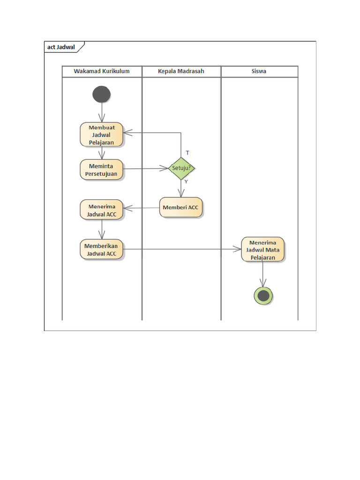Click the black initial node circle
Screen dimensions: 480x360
[x=102, y=94]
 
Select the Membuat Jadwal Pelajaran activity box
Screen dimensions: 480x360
[x=102, y=135]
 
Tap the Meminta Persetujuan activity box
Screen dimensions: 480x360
[x=102, y=169]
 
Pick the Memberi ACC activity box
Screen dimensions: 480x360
[x=181, y=207]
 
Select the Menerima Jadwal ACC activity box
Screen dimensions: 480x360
[x=102, y=210]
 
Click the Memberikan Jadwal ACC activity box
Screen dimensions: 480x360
[x=102, y=249]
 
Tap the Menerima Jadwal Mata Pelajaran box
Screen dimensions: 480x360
[x=263, y=249]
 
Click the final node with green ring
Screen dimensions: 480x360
[x=263, y=296]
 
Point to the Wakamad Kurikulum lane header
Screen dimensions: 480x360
[x=102, y=71]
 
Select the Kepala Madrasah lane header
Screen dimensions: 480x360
[x=181, y=71]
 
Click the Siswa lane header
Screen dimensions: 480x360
[x=259, y=71]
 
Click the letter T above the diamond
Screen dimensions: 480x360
[x=187, y=153]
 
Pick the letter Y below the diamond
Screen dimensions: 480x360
[x=186, y=181]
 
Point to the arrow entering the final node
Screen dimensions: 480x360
[x=263, y=274]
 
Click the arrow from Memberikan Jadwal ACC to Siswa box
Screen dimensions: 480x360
[x=183, y=249]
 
